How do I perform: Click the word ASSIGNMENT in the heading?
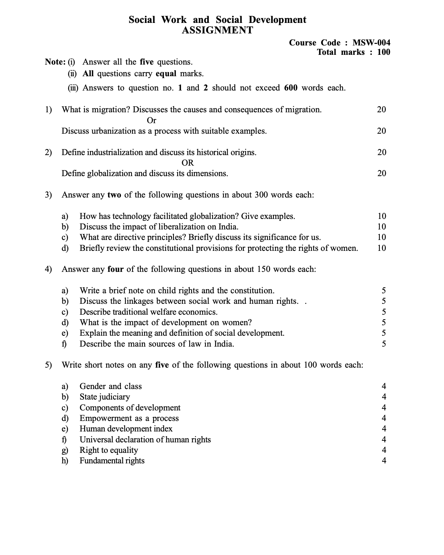(217, 30)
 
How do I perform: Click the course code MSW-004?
(371, 43)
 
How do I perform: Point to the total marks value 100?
(384, 52)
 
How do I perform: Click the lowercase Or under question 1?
(151, 121)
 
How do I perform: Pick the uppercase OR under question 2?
(187, 163)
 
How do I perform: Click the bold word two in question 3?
(114, 195)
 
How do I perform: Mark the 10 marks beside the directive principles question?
(382, 237)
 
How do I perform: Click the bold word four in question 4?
(115, 269)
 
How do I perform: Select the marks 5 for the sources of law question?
(384, 344)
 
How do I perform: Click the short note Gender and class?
(110, 386)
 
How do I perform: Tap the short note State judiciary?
(104, 397)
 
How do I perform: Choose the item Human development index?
(126, 429)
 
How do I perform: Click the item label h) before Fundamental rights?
(65, 461)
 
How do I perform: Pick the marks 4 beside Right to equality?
(384, 450)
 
